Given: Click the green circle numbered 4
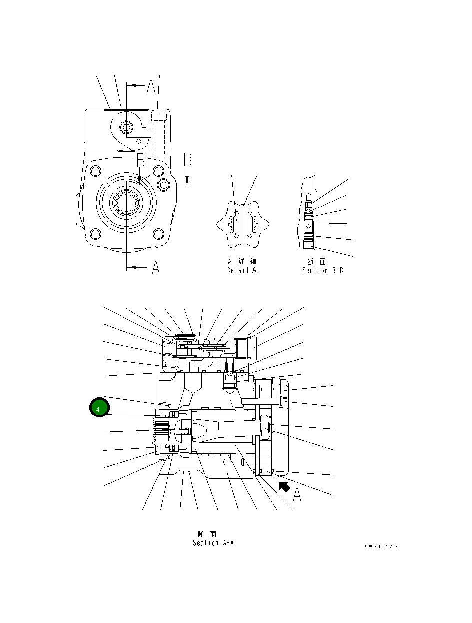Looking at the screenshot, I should pyautogui.click(x=99, y=408).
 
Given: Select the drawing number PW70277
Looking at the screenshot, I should pyautogui.click(x=380, y=547).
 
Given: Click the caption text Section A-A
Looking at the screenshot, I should pyautogui.click(x=213, y=543).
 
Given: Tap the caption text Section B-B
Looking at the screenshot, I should pyautogui.click(x=322, y=270).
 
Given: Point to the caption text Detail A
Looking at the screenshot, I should pyautogui.click(x=242, y=270).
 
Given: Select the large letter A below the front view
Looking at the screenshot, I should pyautogui.click(x=155, y=268).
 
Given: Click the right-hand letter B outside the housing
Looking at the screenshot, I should pyautogui.click(x=187, y=160).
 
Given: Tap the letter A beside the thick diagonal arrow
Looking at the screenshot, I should pyautogui.click(x=297, y=495).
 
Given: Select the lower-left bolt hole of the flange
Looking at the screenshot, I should pyautogui.click(x=94, y=233).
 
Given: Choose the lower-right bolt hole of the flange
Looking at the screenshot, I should pyautogui.click(x=159, y=233).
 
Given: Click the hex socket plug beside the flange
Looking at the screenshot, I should pyautogui.click(x=164, y=185).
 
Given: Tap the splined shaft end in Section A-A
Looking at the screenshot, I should pyautogui.click(x=160, y=431).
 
